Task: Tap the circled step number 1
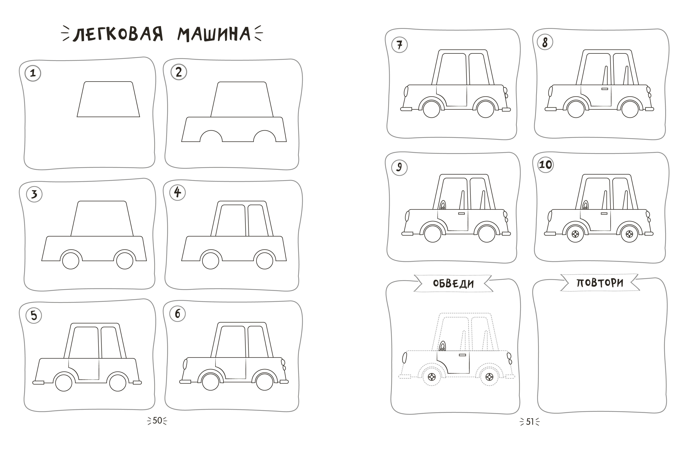coord(33,73)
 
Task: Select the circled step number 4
coord(177,193)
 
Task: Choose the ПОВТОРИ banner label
coord(600,283)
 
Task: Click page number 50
coord(157,421)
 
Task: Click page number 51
coord(530,422)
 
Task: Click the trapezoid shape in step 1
coord(108,99)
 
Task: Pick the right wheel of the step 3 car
coord(125,261)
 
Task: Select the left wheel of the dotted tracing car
coord(432,377)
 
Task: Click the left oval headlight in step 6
coord(185,364)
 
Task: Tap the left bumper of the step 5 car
coord(38,382)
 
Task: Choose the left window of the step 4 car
coord(232,220)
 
